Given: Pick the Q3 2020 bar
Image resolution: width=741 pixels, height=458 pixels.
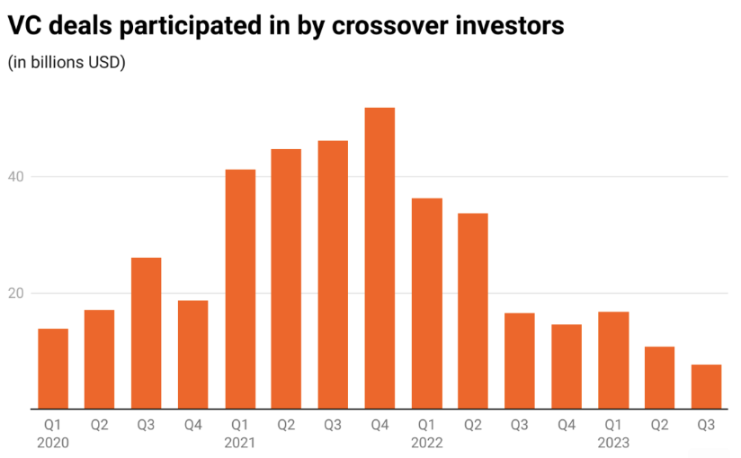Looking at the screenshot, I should coord(147,333).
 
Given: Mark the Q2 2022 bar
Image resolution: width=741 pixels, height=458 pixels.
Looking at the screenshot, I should coord(473,311).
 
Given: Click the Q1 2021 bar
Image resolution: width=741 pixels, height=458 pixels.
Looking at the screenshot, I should coord(240,289).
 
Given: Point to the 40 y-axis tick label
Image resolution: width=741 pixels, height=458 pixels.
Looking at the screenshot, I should coord(16,177).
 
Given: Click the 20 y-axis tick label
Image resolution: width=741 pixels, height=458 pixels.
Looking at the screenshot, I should coord(16,294).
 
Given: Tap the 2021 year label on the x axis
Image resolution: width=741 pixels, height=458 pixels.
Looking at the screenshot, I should coord(240,443).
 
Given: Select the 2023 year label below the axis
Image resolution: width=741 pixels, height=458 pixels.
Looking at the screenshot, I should coord(612,443).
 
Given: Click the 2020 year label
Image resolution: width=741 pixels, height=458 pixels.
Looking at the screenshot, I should coord(53,443).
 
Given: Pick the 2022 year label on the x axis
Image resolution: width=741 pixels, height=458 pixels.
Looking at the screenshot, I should coord(426,443).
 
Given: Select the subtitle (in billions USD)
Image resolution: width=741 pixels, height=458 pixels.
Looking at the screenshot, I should coord(67,63).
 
